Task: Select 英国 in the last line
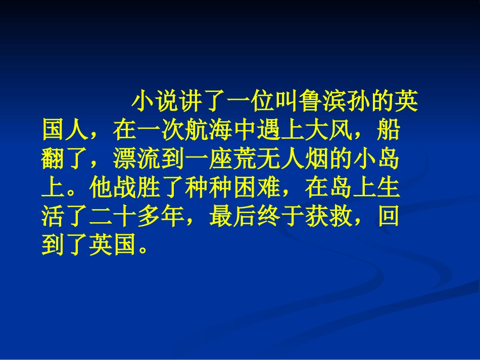coord(113,246)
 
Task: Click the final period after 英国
coord(144,250)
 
